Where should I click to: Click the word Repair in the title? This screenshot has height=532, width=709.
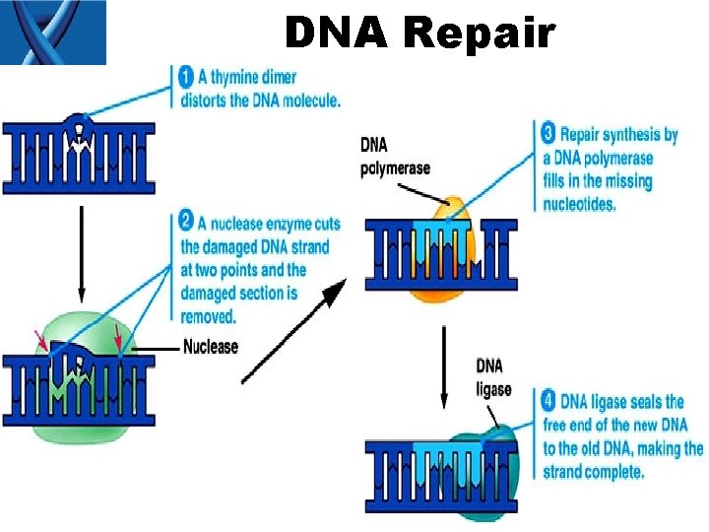click(479, 33)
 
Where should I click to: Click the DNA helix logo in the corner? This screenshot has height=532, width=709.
click(53, 33)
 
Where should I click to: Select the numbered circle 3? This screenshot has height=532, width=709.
click(548, 133)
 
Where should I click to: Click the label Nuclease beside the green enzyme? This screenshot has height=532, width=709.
click(211, 346)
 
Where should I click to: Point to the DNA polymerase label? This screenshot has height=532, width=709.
click(395, 157)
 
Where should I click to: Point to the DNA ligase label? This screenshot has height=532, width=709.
click(494, 377)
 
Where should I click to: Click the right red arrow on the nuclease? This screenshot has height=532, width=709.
click(118, 338)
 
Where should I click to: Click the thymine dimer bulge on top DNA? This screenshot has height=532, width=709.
click(76, 127)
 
